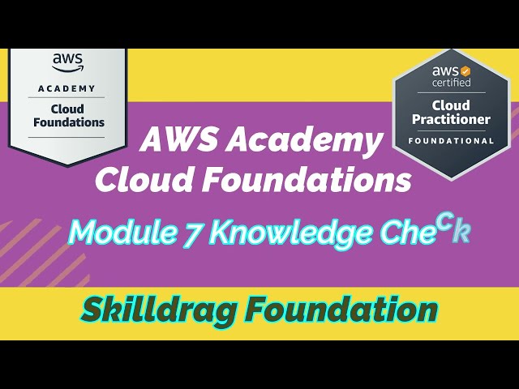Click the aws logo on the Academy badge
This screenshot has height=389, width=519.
click(x=68, y=61)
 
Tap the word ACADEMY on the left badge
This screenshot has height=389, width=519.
click(x=68, y=88)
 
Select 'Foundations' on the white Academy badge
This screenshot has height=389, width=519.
click(x=69, y=122)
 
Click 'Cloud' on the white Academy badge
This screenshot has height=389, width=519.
click(x=68, y=108)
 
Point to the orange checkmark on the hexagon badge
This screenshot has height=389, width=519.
click(x=465, y=72)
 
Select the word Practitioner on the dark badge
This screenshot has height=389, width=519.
click(x=452, y=120)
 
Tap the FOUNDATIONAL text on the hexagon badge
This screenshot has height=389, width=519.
click(x=452, y=140)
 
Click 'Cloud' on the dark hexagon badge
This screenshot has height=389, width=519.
click(x=452, y=105)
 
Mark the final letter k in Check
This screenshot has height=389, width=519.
click(x=461, y=232)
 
